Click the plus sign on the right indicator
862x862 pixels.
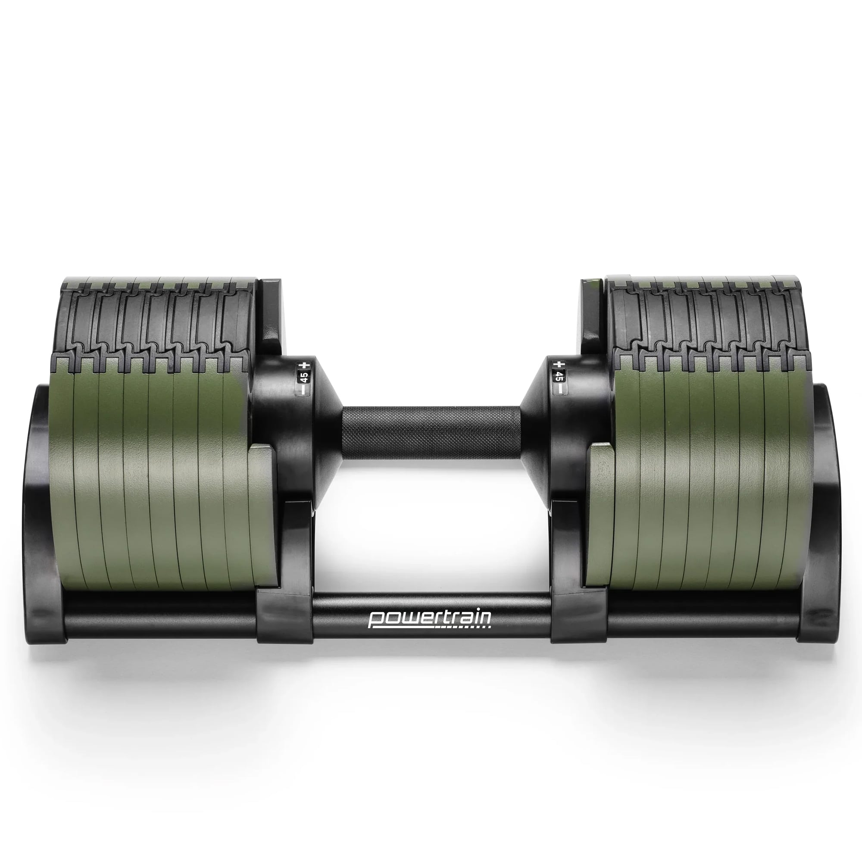[x=557, y=365]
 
